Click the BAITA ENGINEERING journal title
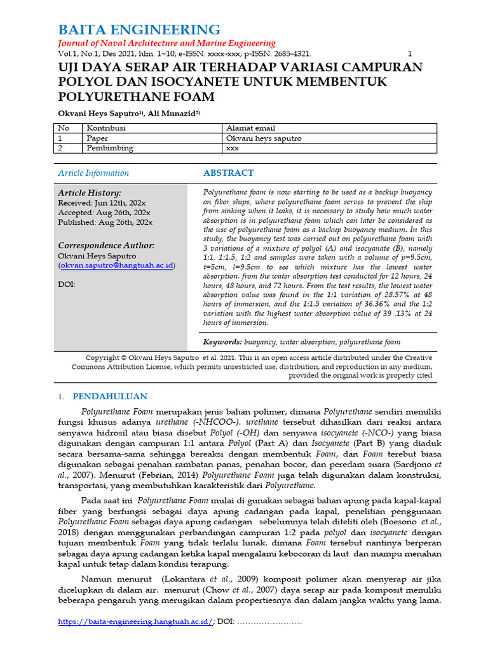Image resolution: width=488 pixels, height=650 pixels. tap(139, 30)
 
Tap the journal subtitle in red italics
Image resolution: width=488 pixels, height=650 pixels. tap(166, 43)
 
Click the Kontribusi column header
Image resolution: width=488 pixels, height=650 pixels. tap(106, 128)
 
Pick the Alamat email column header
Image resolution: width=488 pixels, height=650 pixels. tap(250, 128)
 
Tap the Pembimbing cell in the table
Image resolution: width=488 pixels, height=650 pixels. tap(110, 148)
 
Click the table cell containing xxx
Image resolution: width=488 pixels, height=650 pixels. tap(233, 148)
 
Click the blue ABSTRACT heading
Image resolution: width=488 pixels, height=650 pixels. tap(228, 173)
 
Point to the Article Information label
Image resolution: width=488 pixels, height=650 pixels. tap(93, 173)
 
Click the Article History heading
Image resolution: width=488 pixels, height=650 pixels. tap(90, 193)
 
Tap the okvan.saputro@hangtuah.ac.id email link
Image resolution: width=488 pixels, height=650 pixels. tap(117, 265)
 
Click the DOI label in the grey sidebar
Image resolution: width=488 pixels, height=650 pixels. tap(66, 284)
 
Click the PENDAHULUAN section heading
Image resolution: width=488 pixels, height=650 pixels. tap(110, 397)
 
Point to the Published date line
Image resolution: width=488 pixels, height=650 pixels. tap(105, 222)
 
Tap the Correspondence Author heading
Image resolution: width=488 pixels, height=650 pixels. tap(106, 246)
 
